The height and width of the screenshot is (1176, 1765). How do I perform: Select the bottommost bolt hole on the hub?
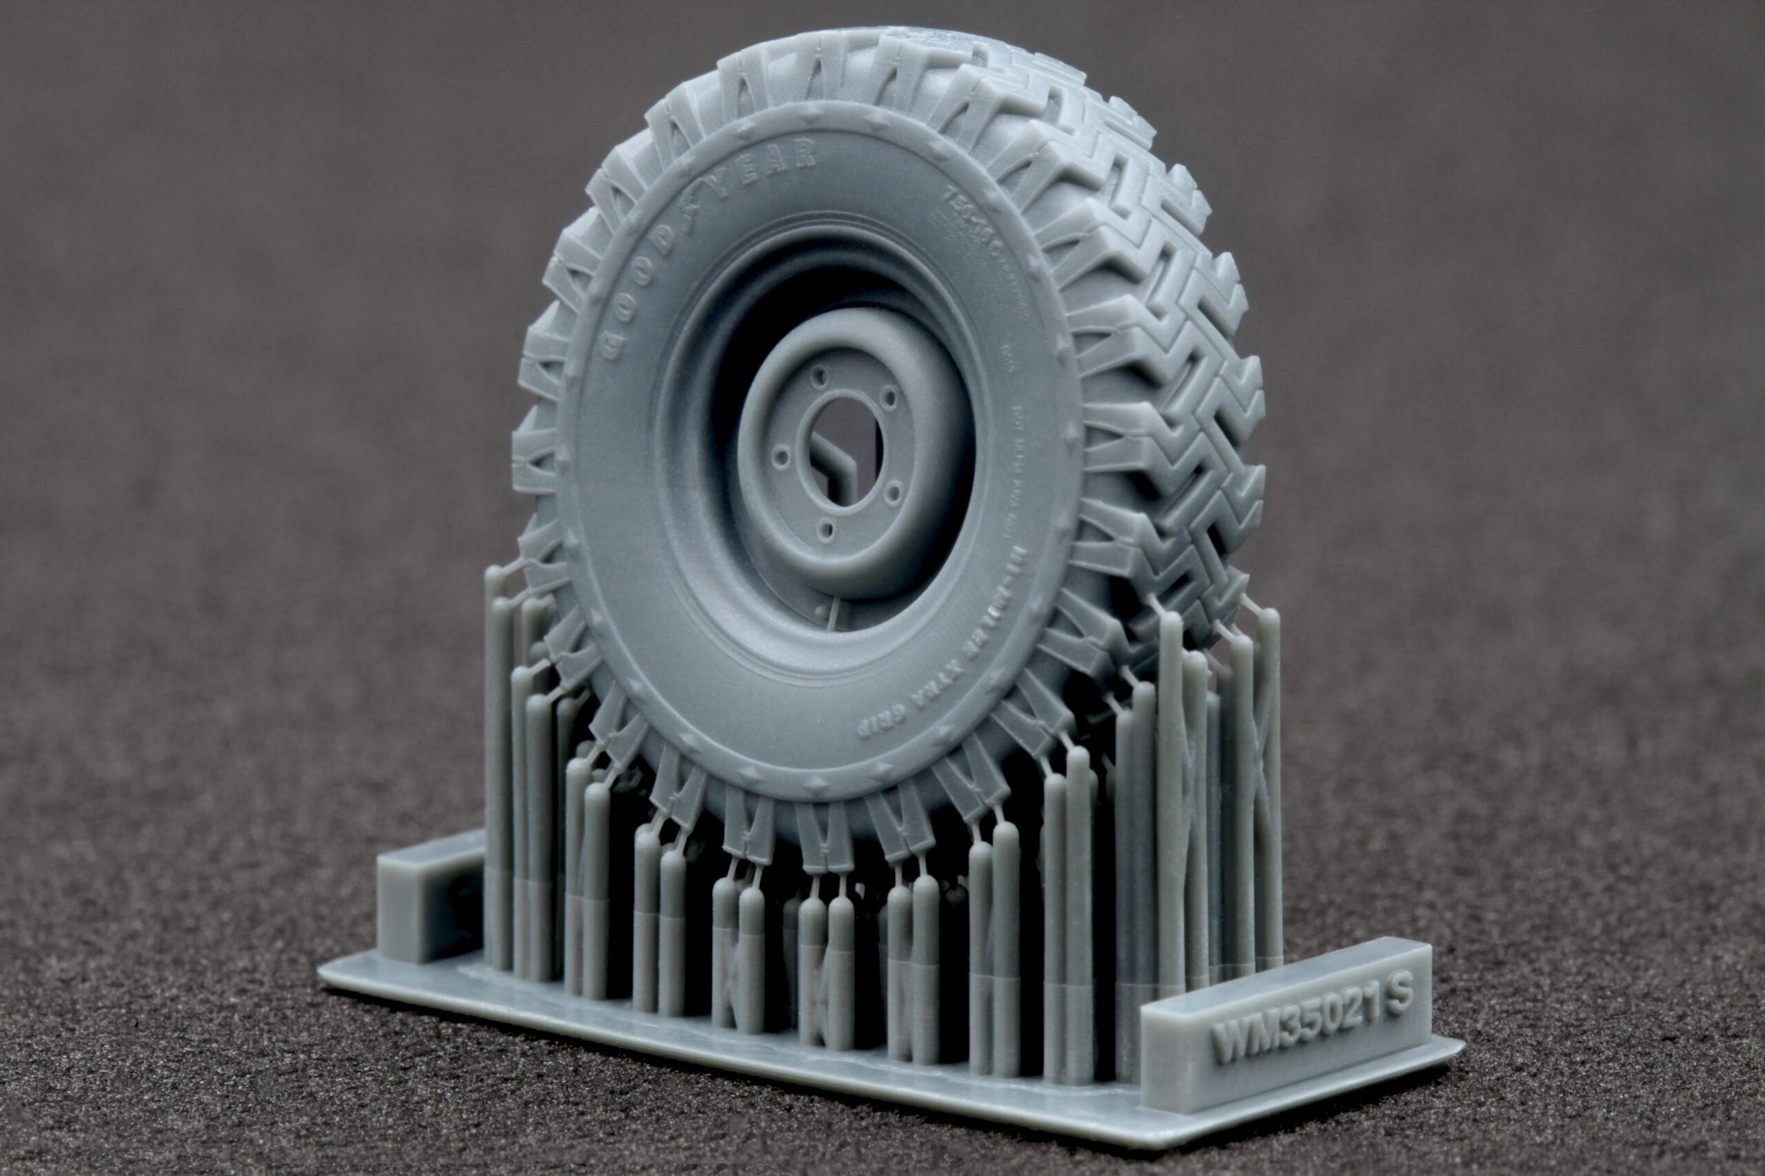[826, 531]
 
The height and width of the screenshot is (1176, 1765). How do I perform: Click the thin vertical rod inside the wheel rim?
[832, 615]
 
